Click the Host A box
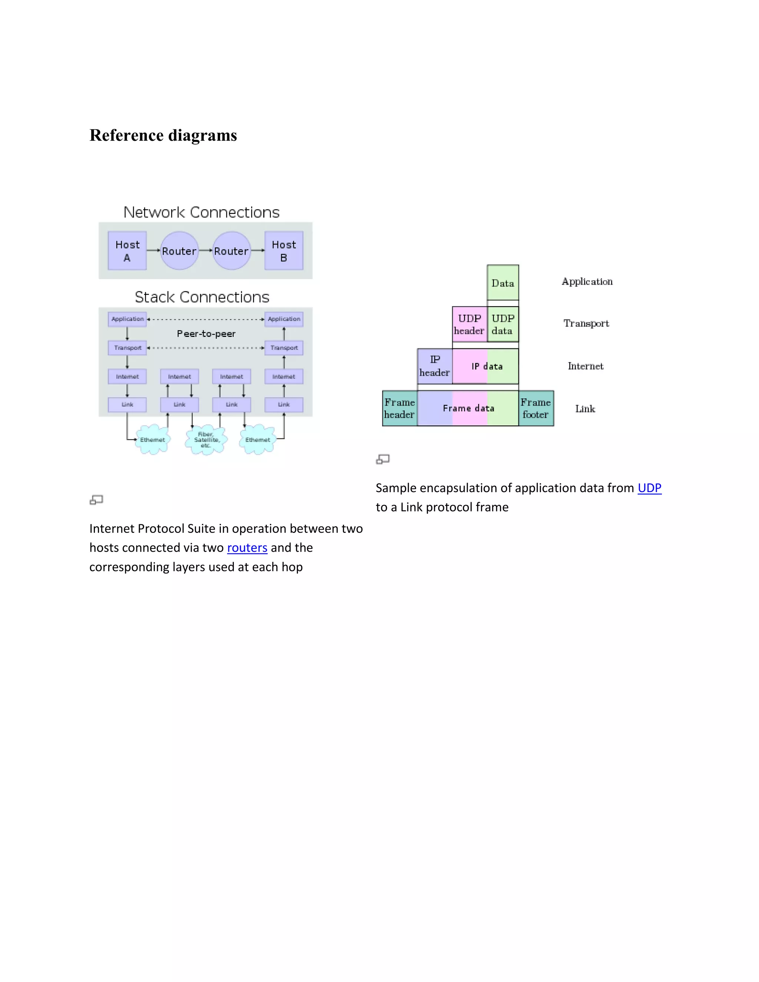(x=127, y=251)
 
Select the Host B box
(x=284, y=251)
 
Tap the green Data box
(x=503, y=283)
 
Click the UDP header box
(x=470, y=324)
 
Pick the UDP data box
(x=503, y=324)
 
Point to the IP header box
(x=434, y=366)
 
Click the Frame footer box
(x=536, y=408)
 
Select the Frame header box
(x=399, y=408)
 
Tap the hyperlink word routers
(x=247, y=548)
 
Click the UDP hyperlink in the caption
(x=649, y=488)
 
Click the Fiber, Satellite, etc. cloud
(x=206, y=440)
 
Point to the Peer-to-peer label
(x=206, y=334)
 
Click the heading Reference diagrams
(x=163, y=135)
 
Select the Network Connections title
(x=202, y=212)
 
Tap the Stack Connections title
(x=202, y=297)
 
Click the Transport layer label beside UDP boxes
(x=586, y=323)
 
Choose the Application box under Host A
(x=127, y=319)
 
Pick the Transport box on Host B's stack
(x=284, y=348)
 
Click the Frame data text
(x=468, y=408)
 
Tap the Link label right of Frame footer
(x=585, y=409)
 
